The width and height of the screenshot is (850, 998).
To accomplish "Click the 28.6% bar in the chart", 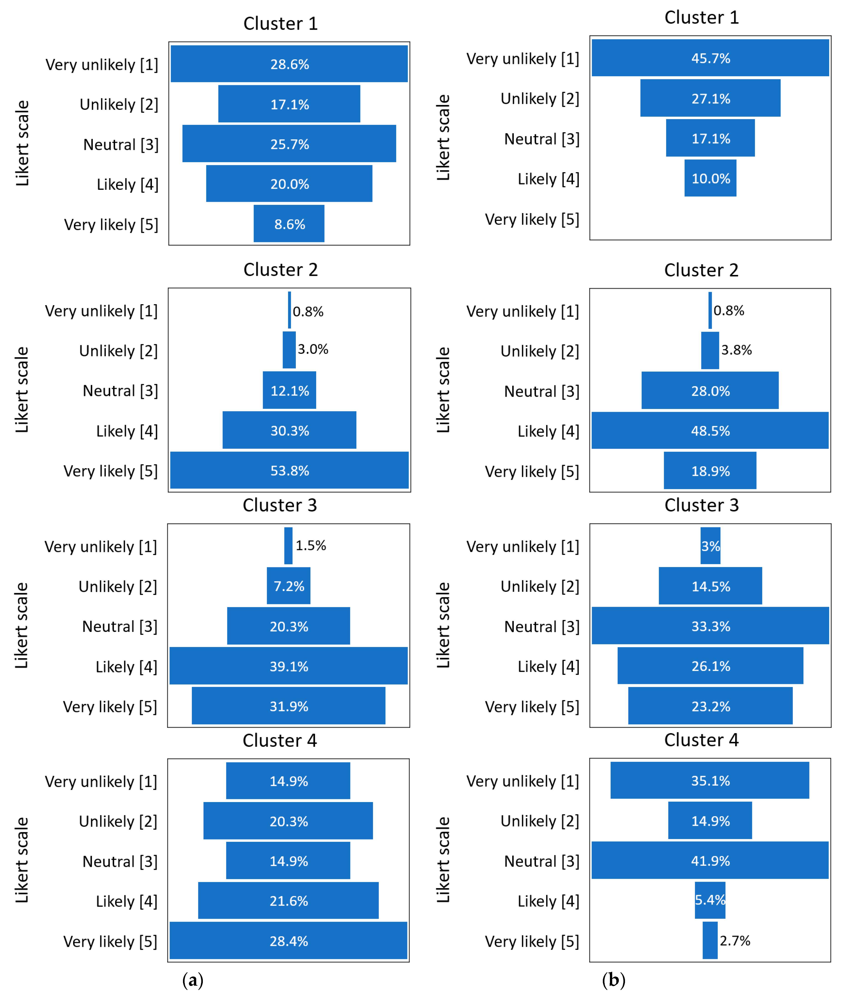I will pyautogui.click(x=289, y=64).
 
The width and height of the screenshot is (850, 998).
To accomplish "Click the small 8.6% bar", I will pyautogui.click(x=289, y=224).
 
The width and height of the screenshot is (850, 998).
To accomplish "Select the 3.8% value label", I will pyautogui.click(x=736, y=350).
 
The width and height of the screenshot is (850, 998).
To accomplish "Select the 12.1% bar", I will pyautogui.click(x=289, y=390).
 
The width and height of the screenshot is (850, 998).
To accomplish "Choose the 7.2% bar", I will pyautogui.click(x=289, y=586).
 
